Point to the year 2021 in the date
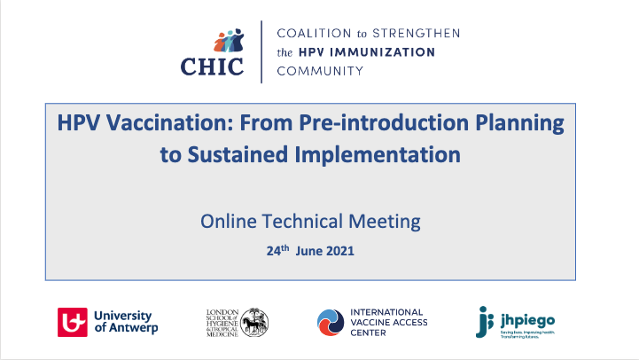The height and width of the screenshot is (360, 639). tap(339, 251)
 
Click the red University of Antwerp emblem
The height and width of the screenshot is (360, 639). tap(73, 322)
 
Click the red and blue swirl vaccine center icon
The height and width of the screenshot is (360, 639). tap(331, 322)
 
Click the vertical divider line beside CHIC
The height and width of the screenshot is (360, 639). tap(261, 51)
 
